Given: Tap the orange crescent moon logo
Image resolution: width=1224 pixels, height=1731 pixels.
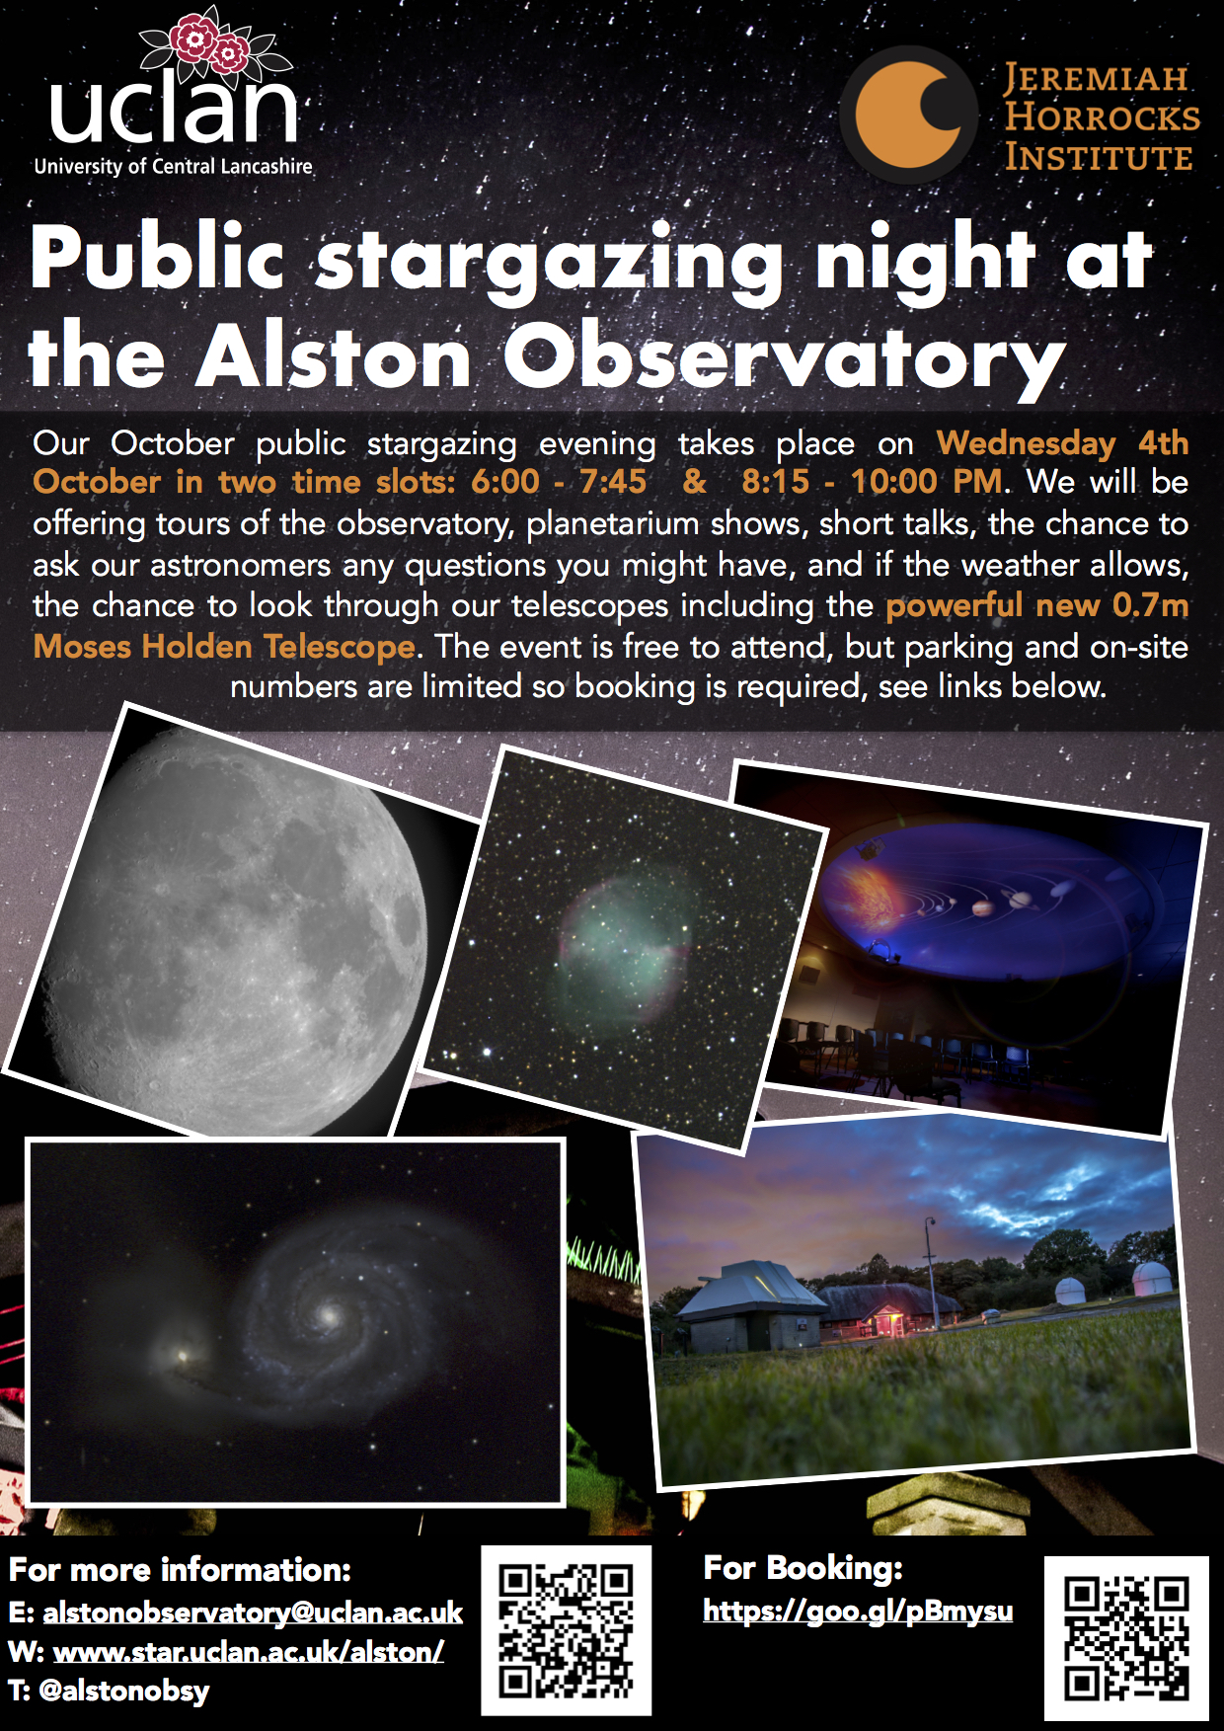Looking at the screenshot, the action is pos(908,115).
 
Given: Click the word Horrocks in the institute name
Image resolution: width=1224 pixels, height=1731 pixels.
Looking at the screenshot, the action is pos(1102,118).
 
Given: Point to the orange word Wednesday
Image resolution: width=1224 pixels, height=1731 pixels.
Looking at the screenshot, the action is pos(1026,442).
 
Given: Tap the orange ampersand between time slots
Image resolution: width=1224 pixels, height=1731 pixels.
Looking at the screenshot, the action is pos(695,482).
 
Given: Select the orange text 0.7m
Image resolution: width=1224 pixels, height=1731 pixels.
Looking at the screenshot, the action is pos(1150,604).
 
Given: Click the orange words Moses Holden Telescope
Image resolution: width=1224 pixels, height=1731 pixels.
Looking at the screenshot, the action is pos(224,646).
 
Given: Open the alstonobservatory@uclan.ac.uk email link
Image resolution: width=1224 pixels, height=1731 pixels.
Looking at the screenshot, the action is pos(253,1613).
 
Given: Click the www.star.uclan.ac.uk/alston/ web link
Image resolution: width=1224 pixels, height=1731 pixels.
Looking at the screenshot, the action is pos(248,1651).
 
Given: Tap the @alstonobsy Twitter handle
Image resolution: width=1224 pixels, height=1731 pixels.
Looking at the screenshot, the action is pos(124,1691).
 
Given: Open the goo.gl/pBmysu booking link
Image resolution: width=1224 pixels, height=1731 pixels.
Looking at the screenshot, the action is pos(858,1611).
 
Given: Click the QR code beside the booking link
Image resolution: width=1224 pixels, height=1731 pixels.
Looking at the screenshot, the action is pos(1126,1638).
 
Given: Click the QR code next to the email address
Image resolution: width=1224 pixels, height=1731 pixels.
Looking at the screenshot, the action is pos(566,1630).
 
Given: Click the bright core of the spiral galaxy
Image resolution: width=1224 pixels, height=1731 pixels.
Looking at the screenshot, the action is pos(329,1315).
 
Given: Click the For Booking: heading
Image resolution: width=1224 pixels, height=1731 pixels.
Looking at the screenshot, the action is pos(803,1568).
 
